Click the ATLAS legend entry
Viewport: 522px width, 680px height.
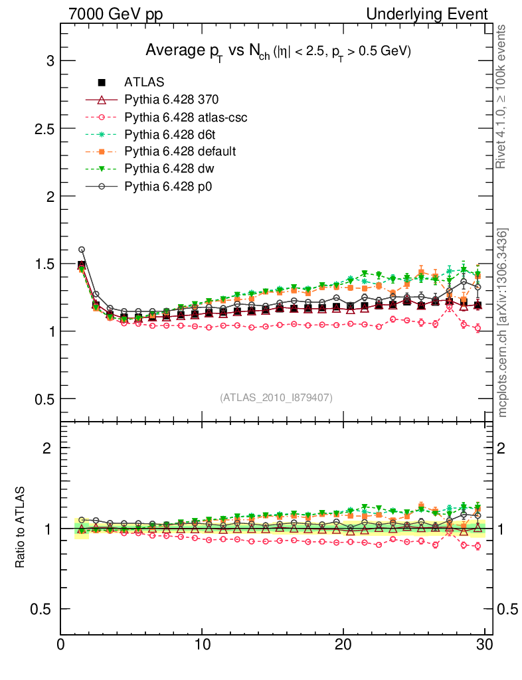pyautogui.click(x=144, y=82)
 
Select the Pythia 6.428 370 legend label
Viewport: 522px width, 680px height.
pyautogui.click(x=171, y=100)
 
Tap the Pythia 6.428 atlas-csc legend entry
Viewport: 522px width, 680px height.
pyautogui.click(x=186, y=117)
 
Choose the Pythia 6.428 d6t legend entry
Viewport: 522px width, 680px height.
pyautogui.click(x=170, y=134)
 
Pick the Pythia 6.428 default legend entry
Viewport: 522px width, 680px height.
pyautogui.click(x=180, y=151)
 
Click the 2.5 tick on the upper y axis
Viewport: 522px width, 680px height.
pyautogui.click(x=43, y=128)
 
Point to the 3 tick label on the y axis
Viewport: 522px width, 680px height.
pyautogui.click(x=49, y=61)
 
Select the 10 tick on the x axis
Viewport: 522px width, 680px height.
pyautogui.click(x=202, y=644)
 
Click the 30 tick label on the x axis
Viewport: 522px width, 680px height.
pyautogui.click(x=484, y=644)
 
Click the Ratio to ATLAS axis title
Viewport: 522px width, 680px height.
pyautogui.click(x=21, y=528)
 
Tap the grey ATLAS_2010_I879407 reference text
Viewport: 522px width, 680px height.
pyautogui.click(x=276, y=397)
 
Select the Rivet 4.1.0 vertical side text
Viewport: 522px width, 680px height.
pyautogui.click(x=502, y=96)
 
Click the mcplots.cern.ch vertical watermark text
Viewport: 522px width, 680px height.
pyautogui.click(x=503, y=322)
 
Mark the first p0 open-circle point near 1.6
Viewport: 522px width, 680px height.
pyautogui.click(x=82, y=250)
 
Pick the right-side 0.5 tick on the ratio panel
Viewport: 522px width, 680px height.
pyautogui.click(x=507, y=609)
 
